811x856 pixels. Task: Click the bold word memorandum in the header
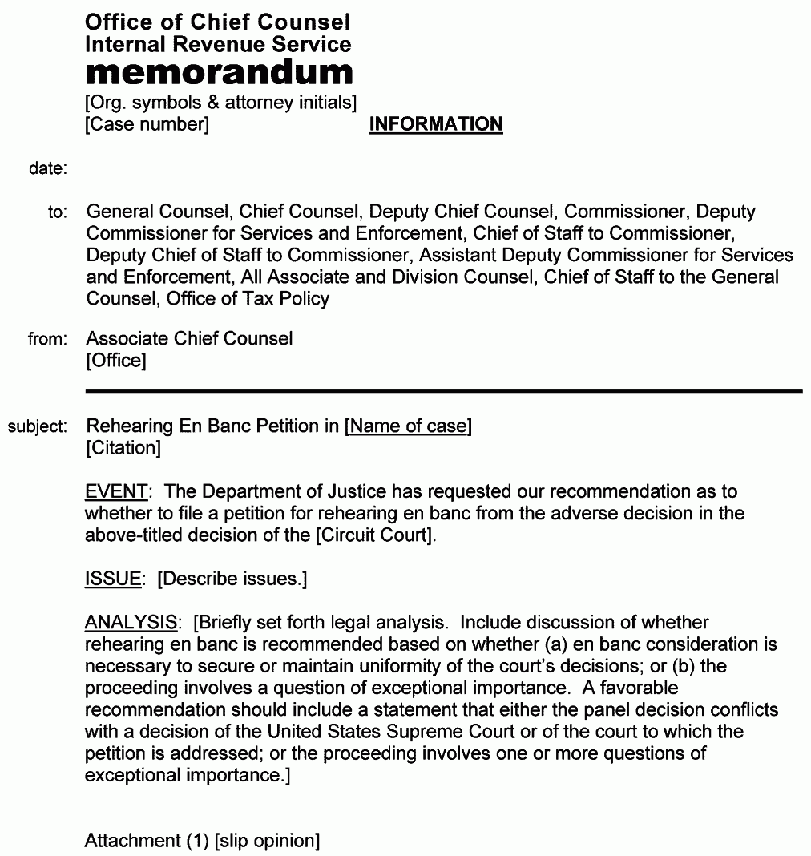219,73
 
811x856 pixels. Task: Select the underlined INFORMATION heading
436,124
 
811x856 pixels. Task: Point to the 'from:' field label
48,340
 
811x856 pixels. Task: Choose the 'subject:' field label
38,426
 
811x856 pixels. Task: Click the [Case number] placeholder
147,124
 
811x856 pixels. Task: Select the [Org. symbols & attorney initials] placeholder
220,103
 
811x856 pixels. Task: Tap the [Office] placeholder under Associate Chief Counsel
116,361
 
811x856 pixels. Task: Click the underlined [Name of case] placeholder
408,426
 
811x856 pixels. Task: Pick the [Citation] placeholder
123,448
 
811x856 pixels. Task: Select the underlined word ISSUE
112,579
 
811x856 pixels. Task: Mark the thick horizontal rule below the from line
443,390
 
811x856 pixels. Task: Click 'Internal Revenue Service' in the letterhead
218,44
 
